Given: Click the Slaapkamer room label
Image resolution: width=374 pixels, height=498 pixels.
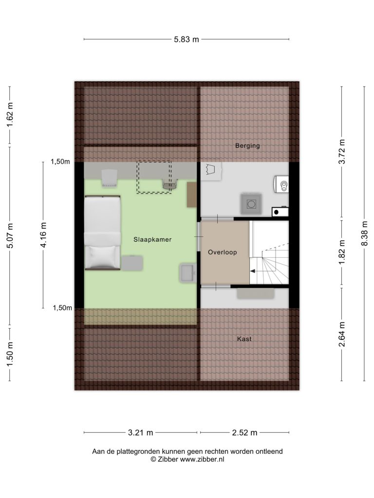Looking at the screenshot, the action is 152,239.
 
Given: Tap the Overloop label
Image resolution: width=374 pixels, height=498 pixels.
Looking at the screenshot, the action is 222,252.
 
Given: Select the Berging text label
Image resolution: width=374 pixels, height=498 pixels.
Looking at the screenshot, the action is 247,146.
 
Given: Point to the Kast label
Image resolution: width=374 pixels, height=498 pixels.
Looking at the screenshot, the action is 244,339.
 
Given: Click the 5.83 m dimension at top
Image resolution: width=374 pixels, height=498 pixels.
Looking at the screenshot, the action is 187,39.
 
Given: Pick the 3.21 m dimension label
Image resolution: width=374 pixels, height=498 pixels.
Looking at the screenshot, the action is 141,432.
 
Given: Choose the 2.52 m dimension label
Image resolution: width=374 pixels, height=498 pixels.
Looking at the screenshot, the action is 244,432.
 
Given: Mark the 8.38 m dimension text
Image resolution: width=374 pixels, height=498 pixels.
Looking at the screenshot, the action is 364,233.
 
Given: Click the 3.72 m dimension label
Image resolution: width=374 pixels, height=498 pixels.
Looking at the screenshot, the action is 342,152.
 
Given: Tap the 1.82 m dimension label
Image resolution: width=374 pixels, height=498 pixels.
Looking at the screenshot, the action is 342,252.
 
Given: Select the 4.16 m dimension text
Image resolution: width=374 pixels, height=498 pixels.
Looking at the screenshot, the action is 43,235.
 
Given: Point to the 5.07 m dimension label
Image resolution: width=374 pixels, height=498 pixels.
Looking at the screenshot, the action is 10,235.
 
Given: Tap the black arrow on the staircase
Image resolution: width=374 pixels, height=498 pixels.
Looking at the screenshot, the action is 253,271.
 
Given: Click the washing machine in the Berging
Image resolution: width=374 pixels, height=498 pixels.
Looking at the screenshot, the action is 252,204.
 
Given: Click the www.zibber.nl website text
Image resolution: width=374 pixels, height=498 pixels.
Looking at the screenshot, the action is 202,459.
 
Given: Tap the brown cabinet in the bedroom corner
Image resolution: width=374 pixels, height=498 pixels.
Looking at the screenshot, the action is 191,195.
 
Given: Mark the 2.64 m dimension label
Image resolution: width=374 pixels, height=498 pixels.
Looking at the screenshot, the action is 342,335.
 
